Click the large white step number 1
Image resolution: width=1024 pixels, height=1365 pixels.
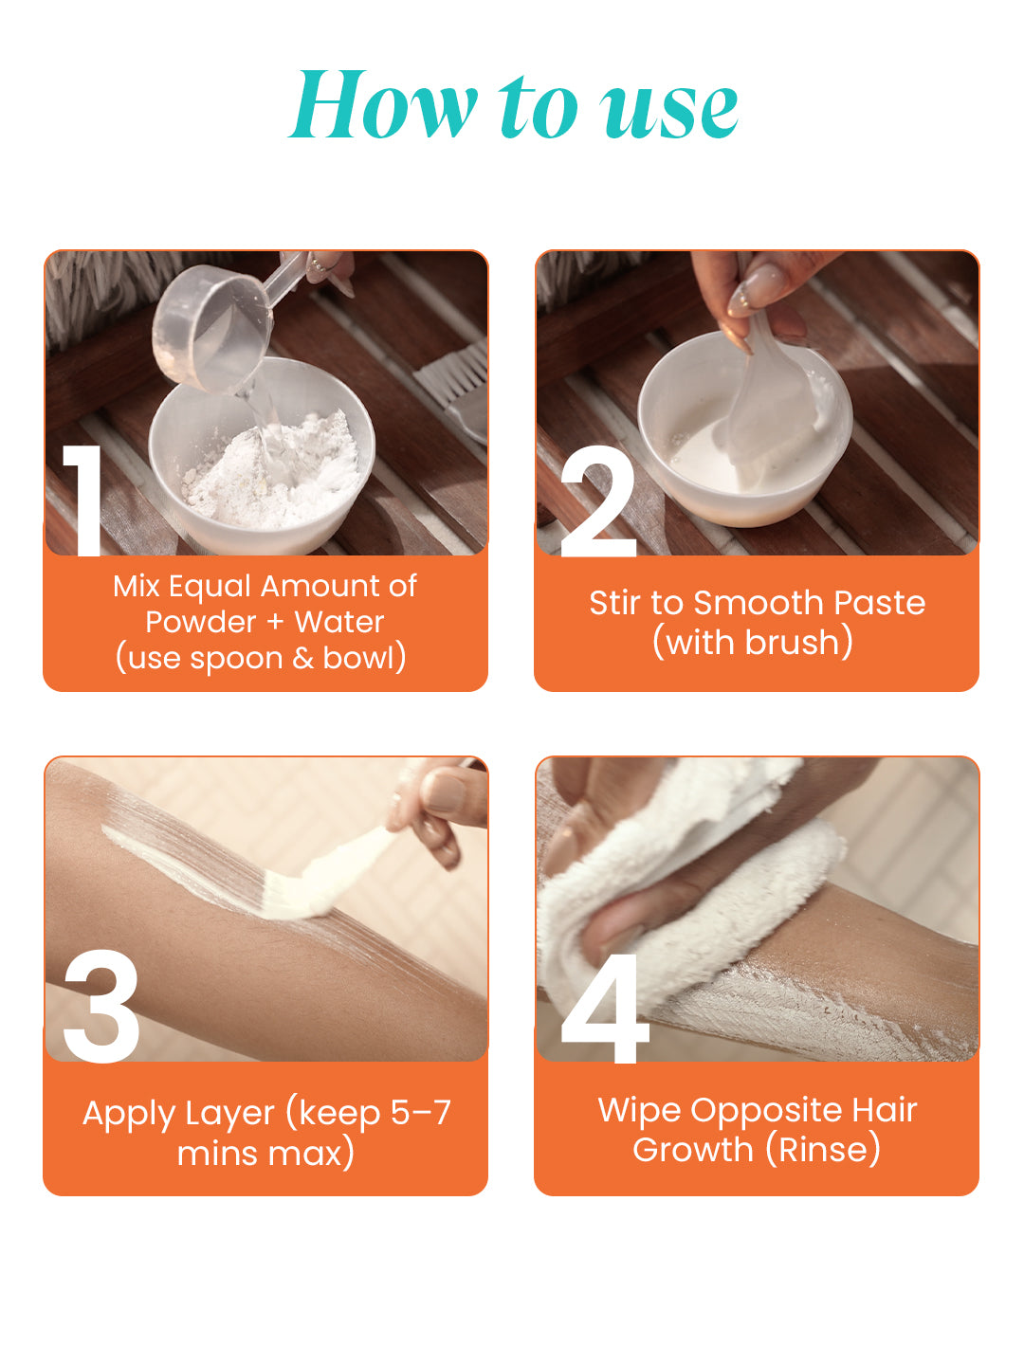[x=84, y=500]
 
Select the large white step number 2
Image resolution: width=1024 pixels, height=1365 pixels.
[x=598, y=500]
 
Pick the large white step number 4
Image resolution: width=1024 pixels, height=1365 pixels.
[x=604, y=1008]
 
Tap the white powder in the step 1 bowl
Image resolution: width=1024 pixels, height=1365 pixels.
[x=274, y=473]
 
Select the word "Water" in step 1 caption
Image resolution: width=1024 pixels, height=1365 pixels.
[x=339, y=622]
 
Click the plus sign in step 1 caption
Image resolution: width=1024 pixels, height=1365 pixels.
[x=274, y=622]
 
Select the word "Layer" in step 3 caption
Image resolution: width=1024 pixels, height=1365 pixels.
[x=230, y=1115]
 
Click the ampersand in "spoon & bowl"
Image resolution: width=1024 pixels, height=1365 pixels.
[x=302, y=658]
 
